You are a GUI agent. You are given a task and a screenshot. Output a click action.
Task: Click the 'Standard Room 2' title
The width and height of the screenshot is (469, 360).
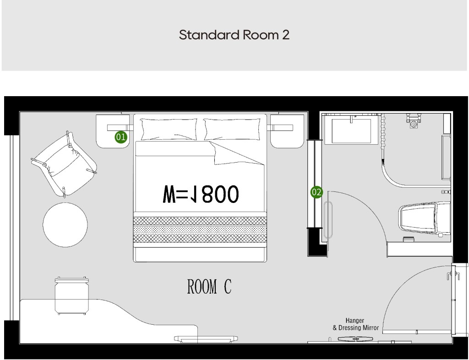coord(234,35)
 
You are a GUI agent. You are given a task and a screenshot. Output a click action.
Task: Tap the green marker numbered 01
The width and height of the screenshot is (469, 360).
coord(121,137)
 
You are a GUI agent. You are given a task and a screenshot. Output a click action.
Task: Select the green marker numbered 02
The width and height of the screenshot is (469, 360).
coord(316,192)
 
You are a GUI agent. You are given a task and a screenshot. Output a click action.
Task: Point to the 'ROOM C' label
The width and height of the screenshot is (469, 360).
coord(209,287)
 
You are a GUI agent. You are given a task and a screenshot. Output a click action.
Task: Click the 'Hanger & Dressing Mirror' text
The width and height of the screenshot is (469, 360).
coord(355,324)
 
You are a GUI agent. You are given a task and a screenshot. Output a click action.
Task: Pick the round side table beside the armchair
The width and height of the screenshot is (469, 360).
coord(65,225)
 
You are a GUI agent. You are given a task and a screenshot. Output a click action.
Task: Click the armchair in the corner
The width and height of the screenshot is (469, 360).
coord(64,164)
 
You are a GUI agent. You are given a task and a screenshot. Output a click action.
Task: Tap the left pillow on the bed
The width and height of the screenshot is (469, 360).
coord(169,129)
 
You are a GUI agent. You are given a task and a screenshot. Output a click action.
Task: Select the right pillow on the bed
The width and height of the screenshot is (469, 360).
coord(232,129)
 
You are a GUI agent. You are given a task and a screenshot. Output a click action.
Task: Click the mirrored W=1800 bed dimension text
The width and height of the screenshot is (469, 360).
coord(201,194)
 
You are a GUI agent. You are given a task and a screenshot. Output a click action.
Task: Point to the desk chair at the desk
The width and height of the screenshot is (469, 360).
coord(72,295)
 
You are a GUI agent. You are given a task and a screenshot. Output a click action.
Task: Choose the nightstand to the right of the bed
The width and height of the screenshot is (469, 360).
coord(287,131)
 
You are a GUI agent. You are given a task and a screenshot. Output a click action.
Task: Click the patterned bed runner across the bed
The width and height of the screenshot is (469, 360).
coord(200,229)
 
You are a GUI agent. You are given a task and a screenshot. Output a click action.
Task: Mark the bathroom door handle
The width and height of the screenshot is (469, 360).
coord(328,220)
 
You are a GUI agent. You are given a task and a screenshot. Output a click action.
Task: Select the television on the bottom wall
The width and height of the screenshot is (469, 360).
coord(206,339)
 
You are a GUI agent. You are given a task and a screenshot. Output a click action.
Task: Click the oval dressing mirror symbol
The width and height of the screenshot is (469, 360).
coord(355,339)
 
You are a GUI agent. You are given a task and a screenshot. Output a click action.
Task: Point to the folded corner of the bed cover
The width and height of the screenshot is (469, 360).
coord(236,153)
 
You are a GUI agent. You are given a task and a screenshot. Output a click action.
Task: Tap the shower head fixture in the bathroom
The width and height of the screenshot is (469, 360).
coord(414,121)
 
